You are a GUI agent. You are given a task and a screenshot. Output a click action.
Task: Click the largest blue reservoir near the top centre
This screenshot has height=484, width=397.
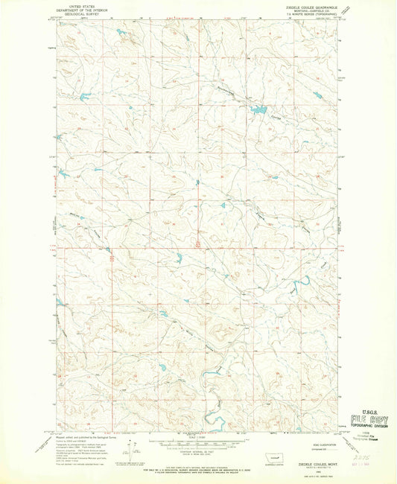(x=258, y=110)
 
